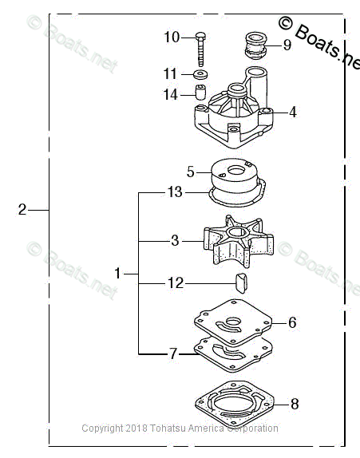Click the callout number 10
172,38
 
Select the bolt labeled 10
200,49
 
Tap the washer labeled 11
201,74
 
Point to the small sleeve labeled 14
200,93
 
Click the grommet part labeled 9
255,45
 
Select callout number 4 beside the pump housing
293,113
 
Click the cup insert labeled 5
235,175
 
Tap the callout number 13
175,192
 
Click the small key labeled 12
241,282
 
